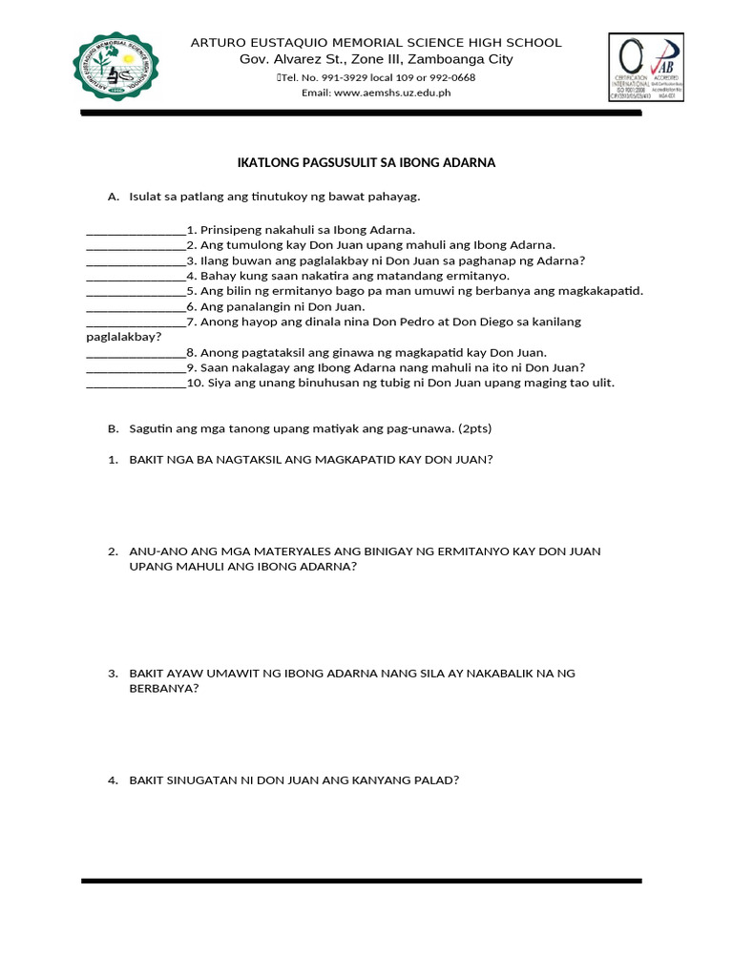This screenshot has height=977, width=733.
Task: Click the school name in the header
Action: [x=376, y=43]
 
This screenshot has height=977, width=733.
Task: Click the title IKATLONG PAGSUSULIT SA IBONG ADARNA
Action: [x=366, y=163]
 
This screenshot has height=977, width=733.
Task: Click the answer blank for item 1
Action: [x=136, y=230]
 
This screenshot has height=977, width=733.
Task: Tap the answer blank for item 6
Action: [x=136, y=306]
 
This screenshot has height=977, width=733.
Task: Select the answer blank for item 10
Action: [x=136, y=383]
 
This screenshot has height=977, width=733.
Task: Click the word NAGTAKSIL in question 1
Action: [x=238, y=459]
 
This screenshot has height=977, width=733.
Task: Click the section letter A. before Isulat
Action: [x=114, y=197]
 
